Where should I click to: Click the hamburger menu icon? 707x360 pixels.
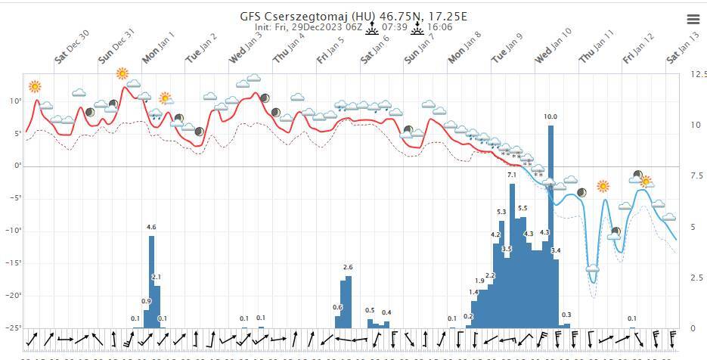click(x=693, y=19)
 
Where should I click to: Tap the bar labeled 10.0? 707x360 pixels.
click(x=550, y=227)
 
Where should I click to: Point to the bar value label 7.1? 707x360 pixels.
click(x=512, y=175)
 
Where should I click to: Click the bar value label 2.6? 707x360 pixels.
click(x=348, y=267)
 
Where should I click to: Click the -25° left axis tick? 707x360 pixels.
click(x=13, y=328)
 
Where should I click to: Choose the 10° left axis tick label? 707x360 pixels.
click(x=14, y=101)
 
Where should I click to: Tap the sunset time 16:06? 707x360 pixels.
click(x=440, y=27)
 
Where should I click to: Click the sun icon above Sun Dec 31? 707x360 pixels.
click(x=122, y=73)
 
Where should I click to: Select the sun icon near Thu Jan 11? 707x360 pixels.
click(x=603, y=185)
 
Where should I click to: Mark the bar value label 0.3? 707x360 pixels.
click(x=566, y=315)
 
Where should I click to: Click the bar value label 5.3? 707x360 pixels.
click(x=501, y=212)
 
